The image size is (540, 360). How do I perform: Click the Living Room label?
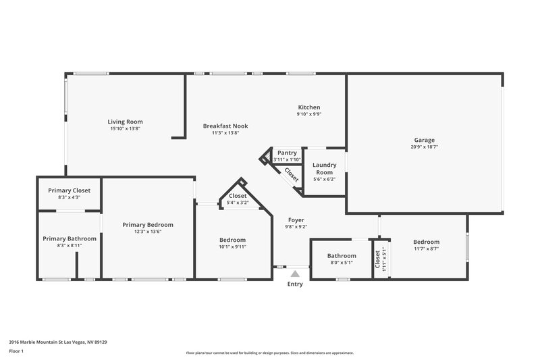tap(126, 122)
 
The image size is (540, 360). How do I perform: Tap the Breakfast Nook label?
tap(225, 126)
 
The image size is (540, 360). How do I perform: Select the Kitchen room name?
tap(309, 107)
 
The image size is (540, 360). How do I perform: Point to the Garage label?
tap(424, 140)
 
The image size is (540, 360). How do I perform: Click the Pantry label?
tap(287, 153)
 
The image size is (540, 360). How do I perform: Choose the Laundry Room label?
tap(324, 168)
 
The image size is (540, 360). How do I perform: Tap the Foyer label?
tap(296, 220)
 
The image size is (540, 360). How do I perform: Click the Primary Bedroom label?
tap(147, 224)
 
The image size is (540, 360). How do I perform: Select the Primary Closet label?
tap(69, 190)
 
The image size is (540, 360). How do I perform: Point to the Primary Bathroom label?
tap(70, 238)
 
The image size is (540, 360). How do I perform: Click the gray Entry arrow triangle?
tap(294, 274)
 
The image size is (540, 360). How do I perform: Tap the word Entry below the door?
tap(295, 284)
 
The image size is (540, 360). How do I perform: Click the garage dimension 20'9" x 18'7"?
tap(424, 147)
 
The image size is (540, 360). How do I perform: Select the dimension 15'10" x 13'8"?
tap(126, 128)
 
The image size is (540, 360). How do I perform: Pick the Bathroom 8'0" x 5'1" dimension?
tap(342, 263)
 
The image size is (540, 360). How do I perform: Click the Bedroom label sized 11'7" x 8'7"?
tap(426, 242)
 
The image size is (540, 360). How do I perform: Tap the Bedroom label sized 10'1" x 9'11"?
tap(232, 240)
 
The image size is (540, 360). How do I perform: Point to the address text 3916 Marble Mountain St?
tap(57, 342)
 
